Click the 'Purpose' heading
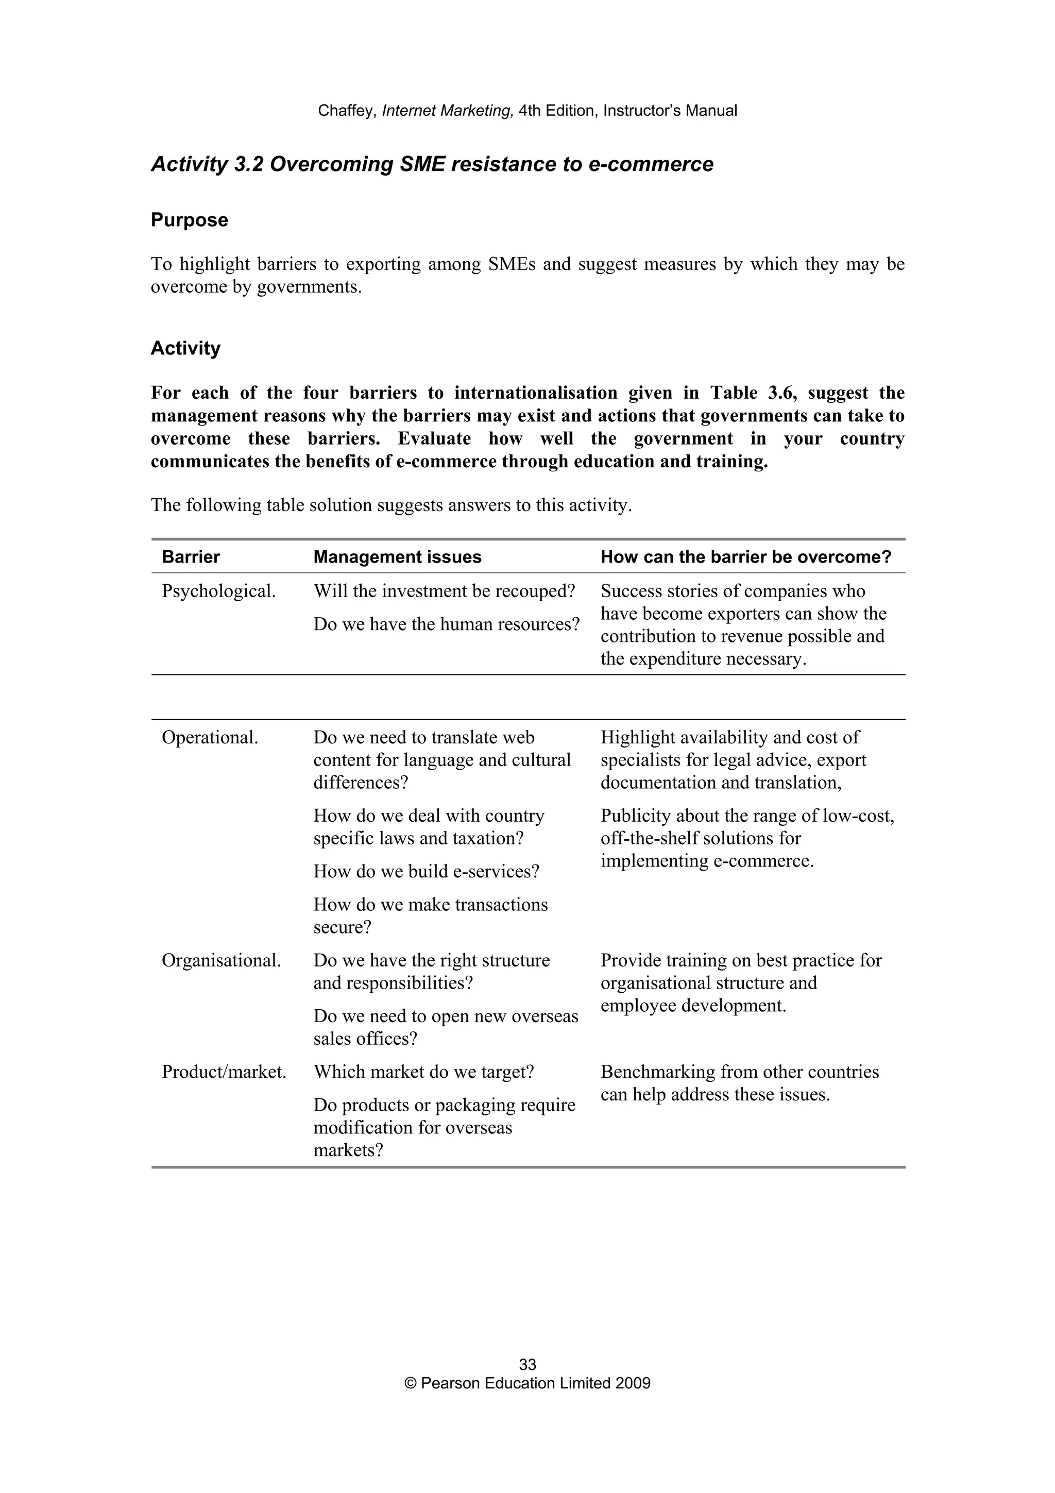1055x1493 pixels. coord(189,220)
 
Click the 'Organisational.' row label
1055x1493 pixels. coord(221,960)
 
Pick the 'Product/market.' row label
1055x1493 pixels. coord(224,1072)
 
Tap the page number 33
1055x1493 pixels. coord(527,1364)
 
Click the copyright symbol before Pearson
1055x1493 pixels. coord(410,1383)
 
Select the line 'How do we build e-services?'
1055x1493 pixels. coord(426,871)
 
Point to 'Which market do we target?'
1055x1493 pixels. coord(423,1072)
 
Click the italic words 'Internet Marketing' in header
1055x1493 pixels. coord(448,111)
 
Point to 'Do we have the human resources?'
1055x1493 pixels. coord(446,624)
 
